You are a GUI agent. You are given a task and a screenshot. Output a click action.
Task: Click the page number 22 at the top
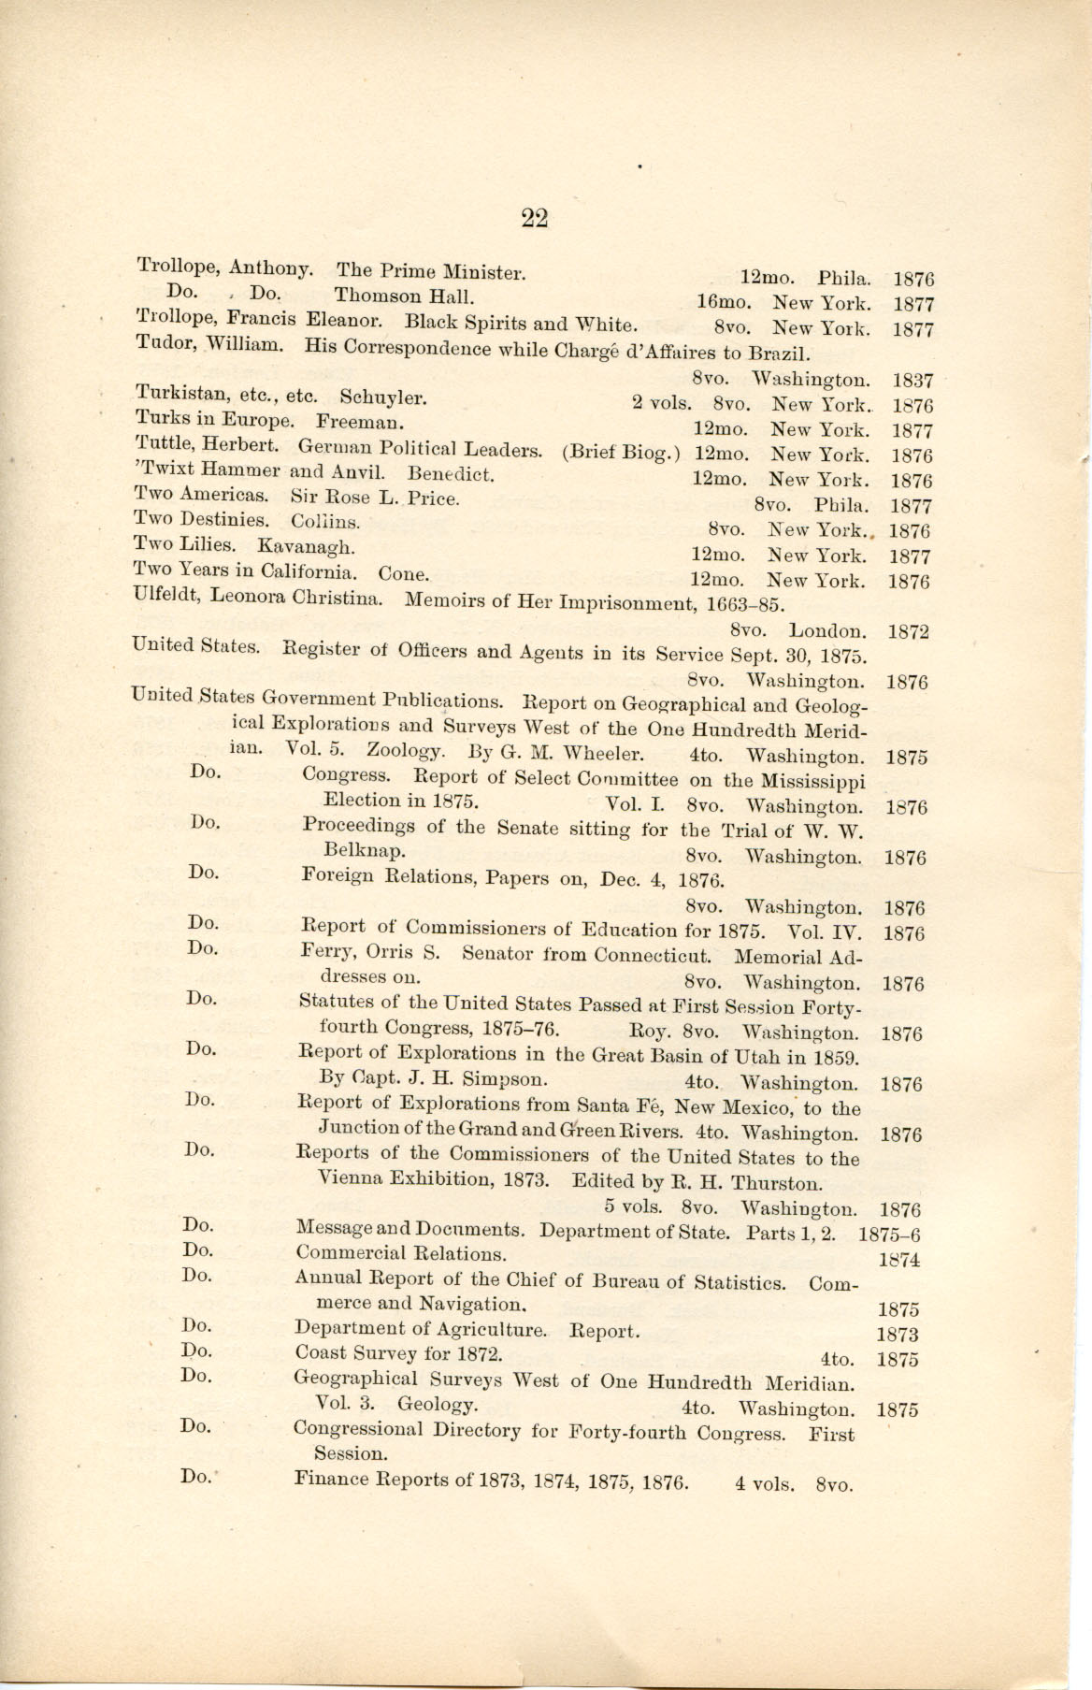(x=534, y=218)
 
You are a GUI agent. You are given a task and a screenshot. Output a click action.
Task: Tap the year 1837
(x=912, y=381)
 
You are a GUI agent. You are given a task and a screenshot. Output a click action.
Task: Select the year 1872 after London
(x=908, y=631)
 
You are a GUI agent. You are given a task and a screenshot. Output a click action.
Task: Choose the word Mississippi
(x=812, y=781)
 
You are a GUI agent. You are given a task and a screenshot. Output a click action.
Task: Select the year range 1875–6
(x=889, y=1234)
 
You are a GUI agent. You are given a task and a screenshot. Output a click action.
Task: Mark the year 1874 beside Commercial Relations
(x=898, y=1260)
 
